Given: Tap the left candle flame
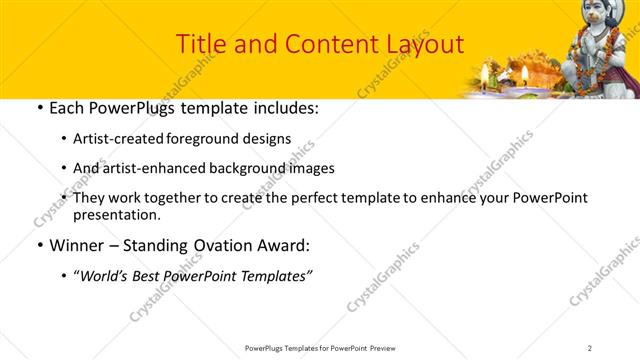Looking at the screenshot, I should [485, 71].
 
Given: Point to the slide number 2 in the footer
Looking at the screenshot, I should [590, 347].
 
